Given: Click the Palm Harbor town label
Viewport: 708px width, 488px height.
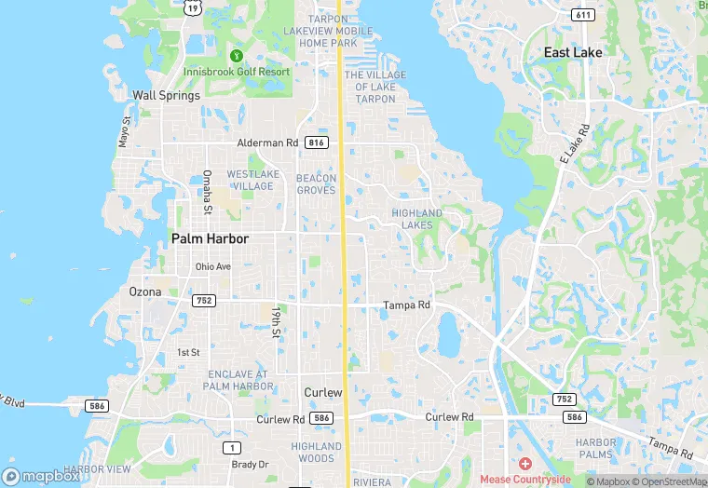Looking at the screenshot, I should (210, 239).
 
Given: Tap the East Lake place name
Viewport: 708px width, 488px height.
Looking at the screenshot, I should (573, 53).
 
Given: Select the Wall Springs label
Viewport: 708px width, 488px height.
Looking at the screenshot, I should (166, 95).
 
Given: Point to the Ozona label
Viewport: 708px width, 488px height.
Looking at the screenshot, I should (144, 291).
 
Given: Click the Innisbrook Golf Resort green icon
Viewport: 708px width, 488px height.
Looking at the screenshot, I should (236, 57).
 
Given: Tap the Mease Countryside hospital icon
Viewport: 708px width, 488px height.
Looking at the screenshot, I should (524, 464).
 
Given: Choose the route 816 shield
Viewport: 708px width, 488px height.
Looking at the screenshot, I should (317, 142).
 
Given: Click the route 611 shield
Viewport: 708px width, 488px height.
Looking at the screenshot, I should (584, 16).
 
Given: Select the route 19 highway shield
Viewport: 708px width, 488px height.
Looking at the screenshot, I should (192, 7).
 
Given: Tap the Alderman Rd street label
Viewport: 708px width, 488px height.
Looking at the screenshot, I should (267, 142).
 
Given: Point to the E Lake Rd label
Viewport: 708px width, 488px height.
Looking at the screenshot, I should (574, 144).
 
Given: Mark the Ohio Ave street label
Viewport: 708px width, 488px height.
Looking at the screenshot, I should (212, 266).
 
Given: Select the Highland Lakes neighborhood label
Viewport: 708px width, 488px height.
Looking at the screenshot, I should (416, 219).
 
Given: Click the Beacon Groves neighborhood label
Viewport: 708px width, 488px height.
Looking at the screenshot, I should (316, 183).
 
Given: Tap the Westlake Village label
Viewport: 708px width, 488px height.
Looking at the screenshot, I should (251, 180).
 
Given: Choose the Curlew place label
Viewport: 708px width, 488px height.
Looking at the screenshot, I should (323, 392).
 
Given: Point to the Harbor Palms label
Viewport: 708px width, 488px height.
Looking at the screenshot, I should (595, 447).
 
